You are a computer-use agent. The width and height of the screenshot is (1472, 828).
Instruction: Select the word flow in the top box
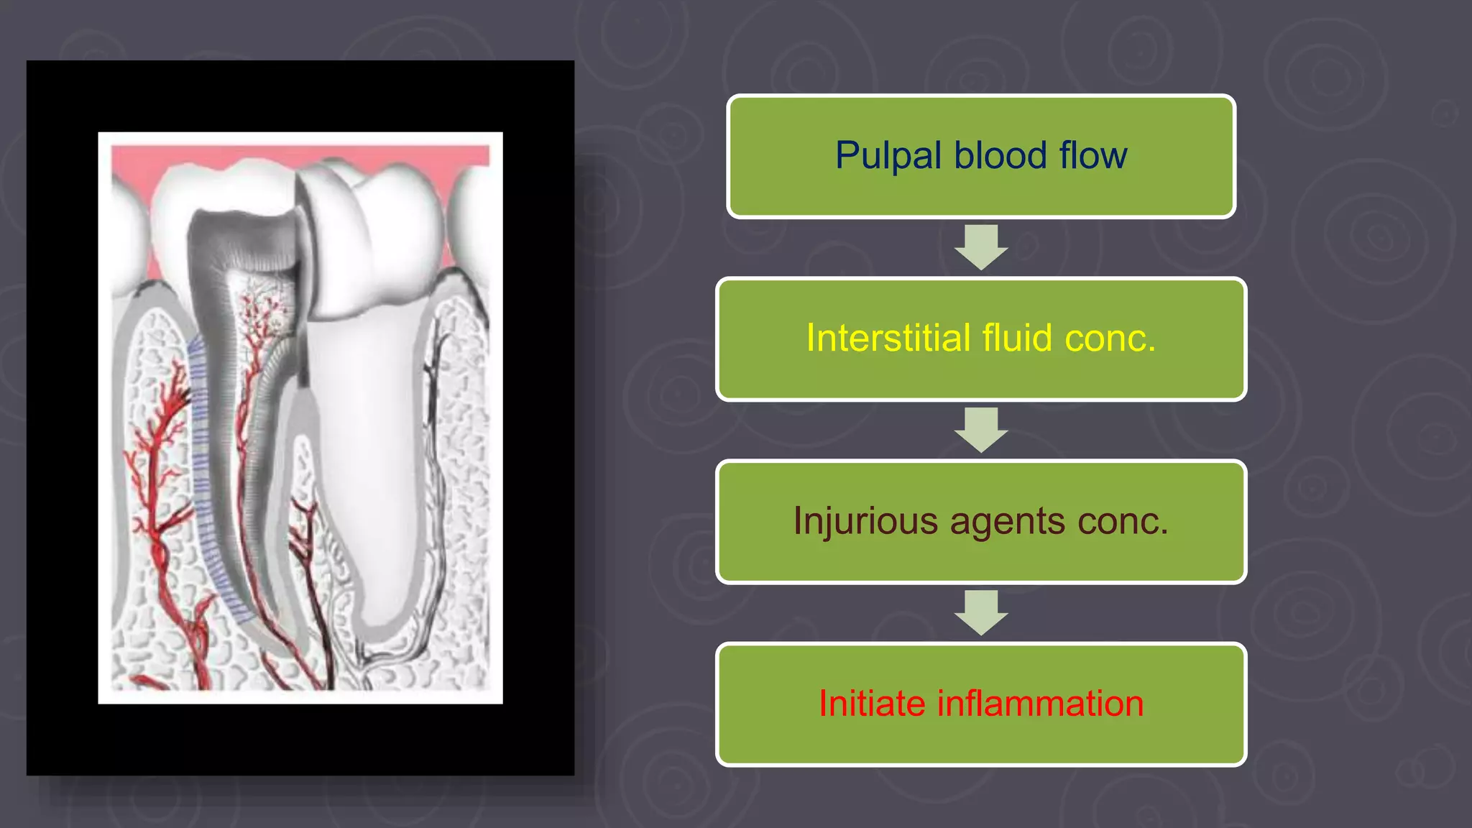pyautogui.click(x=1092, y=156)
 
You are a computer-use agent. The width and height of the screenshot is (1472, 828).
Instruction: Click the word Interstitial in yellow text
pyautogui.click(x=888, y=338)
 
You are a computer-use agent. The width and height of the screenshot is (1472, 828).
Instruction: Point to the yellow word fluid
pyautogui.click(x=1017, y=338)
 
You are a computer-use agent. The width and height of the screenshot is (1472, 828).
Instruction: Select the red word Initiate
pyautogui.click(x=872, y=703)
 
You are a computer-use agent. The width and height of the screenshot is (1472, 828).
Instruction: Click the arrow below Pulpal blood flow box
pyautogui.click(x=981, y=247)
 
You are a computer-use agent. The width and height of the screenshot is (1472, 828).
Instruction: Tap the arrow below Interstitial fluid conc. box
pyautogui.click(x=981, y=429)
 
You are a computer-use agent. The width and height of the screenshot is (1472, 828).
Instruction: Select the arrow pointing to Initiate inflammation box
pyautogui.click(x=981, y=612)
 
